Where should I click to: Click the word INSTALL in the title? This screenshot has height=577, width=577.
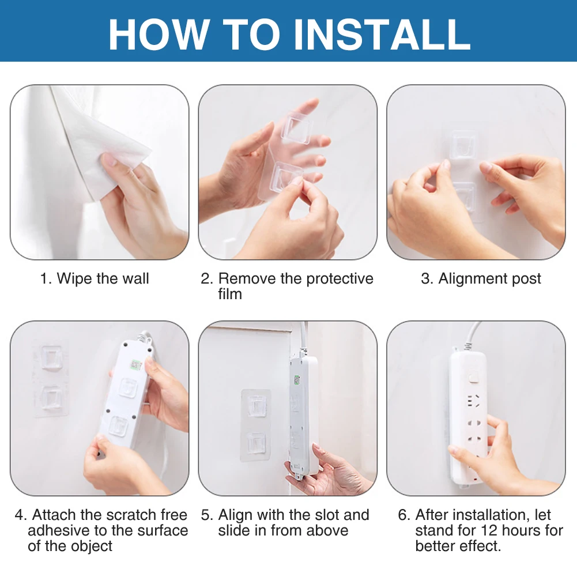click(x=382, y=34)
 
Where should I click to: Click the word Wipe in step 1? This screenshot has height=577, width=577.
click(x=74, y=278)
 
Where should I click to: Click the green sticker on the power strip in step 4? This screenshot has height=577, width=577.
click(x=137, y=365)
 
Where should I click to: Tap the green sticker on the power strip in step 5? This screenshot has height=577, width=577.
click(x=296, y=380)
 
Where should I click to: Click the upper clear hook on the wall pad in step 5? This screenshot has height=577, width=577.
click(x=257, y=406)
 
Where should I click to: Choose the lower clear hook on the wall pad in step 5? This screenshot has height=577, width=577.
click(x=256, y=443)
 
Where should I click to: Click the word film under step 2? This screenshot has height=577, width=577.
click(x=230, y=294)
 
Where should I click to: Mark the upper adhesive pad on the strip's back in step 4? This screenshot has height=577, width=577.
click(x=128, y=387)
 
